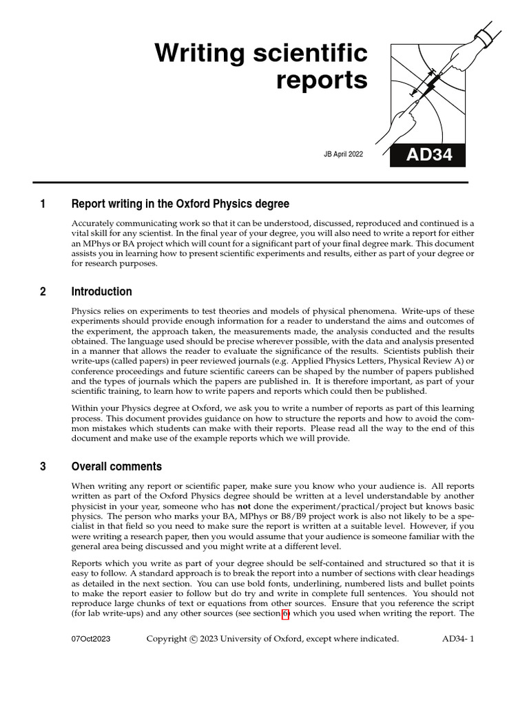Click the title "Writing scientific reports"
pos(261,66)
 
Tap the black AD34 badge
pos(428,155)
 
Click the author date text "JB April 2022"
pos(343,155)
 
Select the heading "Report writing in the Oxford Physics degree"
pos(180,204)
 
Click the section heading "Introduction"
pos(102,291)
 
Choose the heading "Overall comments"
pos(117,466)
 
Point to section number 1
pos(43,204)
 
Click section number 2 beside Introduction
pos(43,291)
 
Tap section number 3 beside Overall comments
pos(43,466)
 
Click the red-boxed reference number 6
pos(284,614)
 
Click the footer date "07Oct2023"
pos(91,639)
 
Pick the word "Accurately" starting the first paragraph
pos(94,224)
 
